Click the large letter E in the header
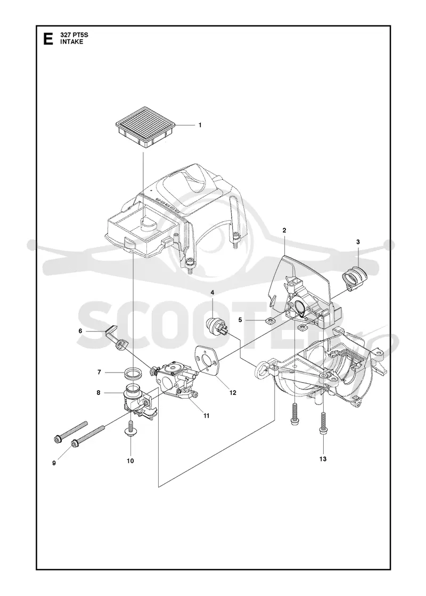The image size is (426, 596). click(x=48, y=39)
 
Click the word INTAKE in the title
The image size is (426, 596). click(x=71, y=42)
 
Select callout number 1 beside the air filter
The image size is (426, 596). click(x=200, y=125)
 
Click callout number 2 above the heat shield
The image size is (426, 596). click(x=284, y=230)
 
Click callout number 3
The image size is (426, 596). click(x=358, y=242)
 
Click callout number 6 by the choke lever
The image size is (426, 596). click(x=80, y=331)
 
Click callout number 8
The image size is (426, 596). click(x=99, y=393)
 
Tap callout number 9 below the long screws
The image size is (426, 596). click(x=54, y=463)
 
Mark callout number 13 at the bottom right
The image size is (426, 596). click(x=323, y=459)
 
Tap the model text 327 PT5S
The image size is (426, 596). click(x=74, y=35)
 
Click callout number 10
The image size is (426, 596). click(x=130, y=461)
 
